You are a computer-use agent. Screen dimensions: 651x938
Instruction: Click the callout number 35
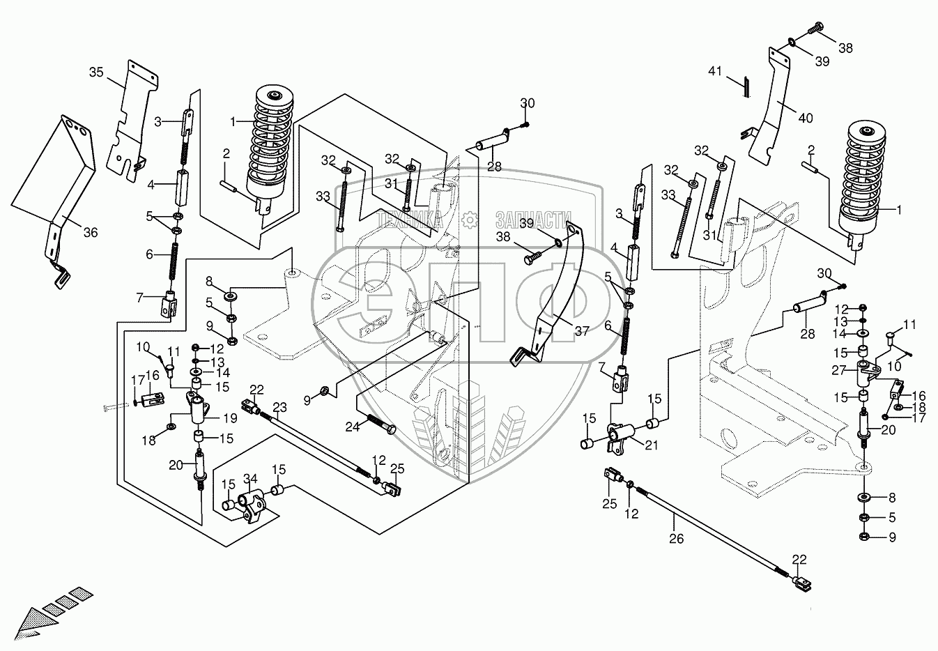click(x=96, y=72)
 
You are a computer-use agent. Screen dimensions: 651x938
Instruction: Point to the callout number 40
click(x=805, y=118)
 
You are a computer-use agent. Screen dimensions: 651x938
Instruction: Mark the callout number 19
click(x=231, y=418)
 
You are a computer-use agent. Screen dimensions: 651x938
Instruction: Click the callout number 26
click(x=676, y=538)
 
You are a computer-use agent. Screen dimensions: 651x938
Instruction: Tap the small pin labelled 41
click(x=744, y=86)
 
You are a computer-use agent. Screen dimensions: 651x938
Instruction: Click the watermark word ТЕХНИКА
click(x=411, y=220)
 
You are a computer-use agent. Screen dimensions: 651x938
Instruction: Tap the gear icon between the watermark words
click(x=472, y=220)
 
